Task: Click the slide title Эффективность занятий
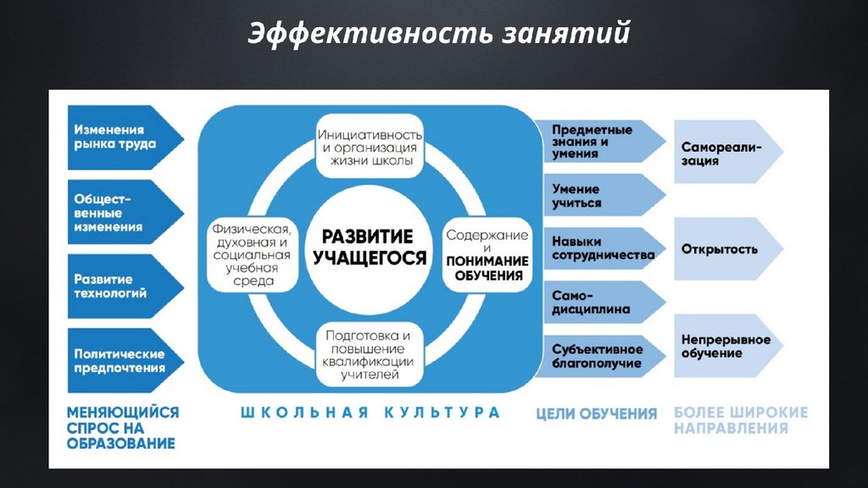[439, 35]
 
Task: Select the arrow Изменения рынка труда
[119, 137]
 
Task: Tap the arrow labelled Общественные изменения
[119, 211]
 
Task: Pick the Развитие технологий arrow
[119, 286]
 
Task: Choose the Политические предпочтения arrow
[119, 360]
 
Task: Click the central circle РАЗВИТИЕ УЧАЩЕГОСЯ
[370, 247]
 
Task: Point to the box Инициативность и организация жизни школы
[370, 147]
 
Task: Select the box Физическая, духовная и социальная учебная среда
[252, 254]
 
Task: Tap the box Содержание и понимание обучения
[487, 254]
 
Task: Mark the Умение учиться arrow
[593, 196]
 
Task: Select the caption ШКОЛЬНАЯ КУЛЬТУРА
[370, 413]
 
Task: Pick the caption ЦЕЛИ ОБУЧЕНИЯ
[597, 414]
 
